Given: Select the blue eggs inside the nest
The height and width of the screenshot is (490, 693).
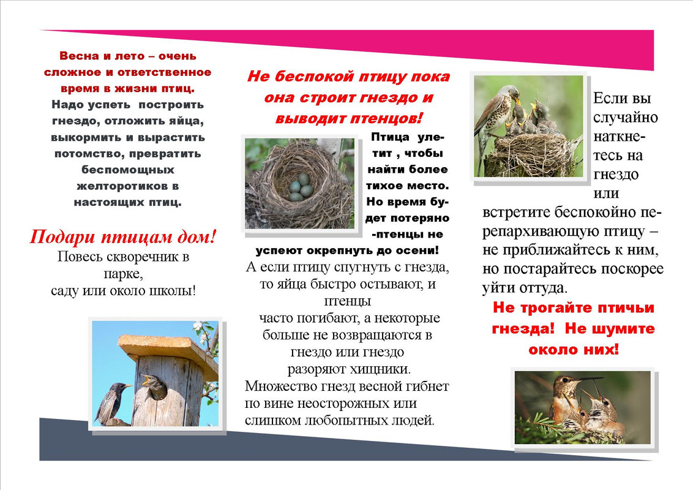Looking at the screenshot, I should click(299, 187).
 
